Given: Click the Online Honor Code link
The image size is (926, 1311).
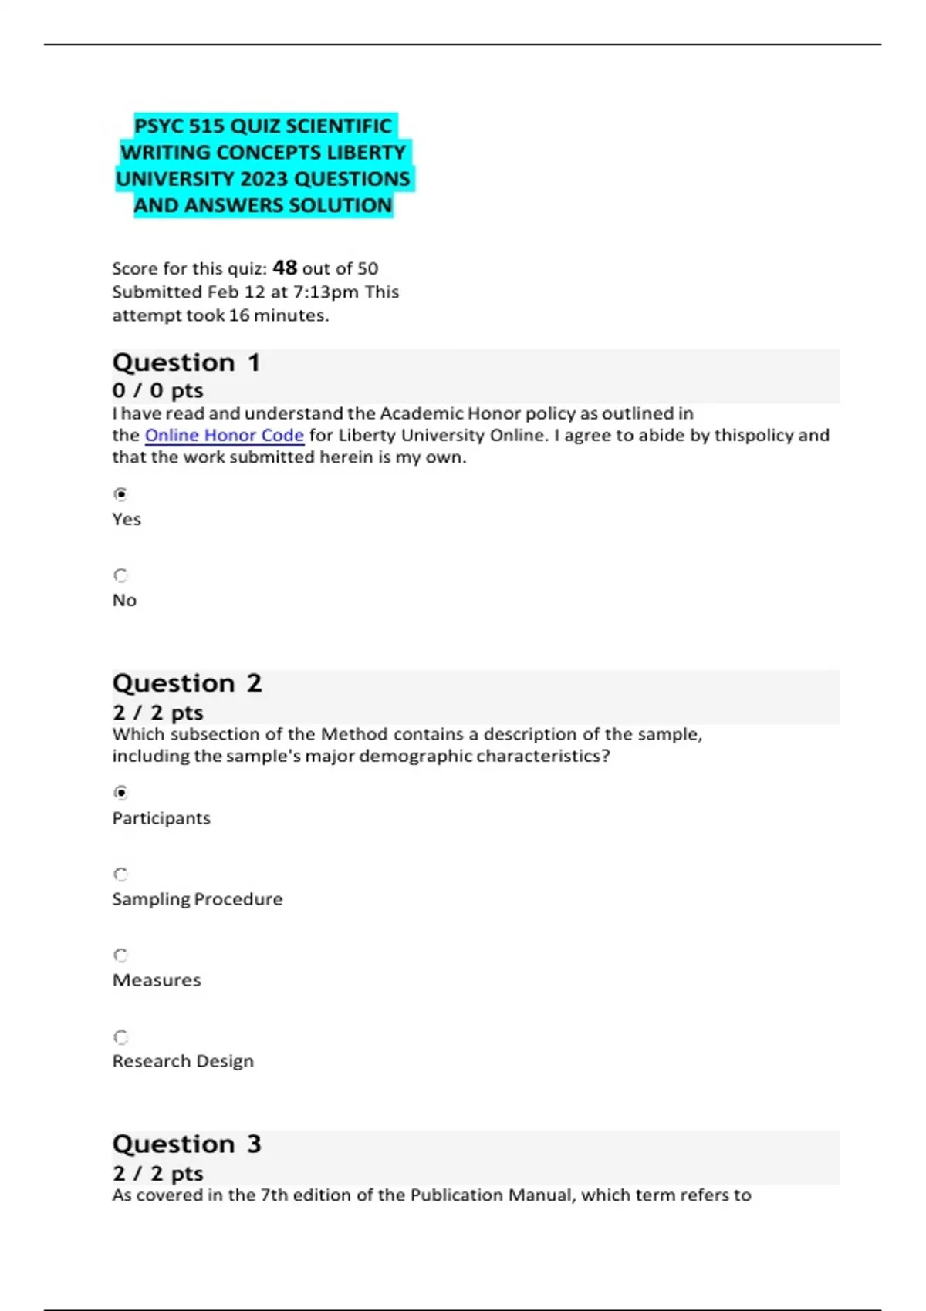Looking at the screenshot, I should tap(224, 436).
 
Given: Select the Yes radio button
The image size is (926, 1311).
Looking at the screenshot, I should tap(120, 494).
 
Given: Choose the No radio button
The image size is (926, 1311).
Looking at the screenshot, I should tap(120, 575).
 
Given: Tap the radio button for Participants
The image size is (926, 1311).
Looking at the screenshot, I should tap(120, 793).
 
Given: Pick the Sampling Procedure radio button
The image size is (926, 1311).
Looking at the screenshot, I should tap(120, 875).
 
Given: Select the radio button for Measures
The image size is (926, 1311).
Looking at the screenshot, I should tap(120, 955).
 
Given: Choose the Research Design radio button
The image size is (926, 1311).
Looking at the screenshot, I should tap(120, 1037).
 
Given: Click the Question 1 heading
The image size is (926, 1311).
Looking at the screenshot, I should tap(186, 362).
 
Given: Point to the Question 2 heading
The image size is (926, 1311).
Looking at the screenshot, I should tap(187, 683).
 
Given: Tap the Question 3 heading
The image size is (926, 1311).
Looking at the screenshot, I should tap(187, 1144).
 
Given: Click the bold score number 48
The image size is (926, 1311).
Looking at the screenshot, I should tap(285, 268).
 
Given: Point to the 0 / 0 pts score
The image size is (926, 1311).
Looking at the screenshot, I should tap(157, 390).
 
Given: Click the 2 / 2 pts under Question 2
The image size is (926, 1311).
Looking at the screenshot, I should tap(157, 713).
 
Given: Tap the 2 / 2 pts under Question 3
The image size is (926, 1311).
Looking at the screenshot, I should tap(157, 1173).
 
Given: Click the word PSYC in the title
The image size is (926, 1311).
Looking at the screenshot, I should tap(161, 126).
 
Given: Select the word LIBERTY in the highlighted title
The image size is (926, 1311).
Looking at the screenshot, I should tap(366, 153).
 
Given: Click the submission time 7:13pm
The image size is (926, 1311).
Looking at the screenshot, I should tap(326, 292).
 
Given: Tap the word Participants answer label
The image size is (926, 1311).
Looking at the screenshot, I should tap(161, 818).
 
